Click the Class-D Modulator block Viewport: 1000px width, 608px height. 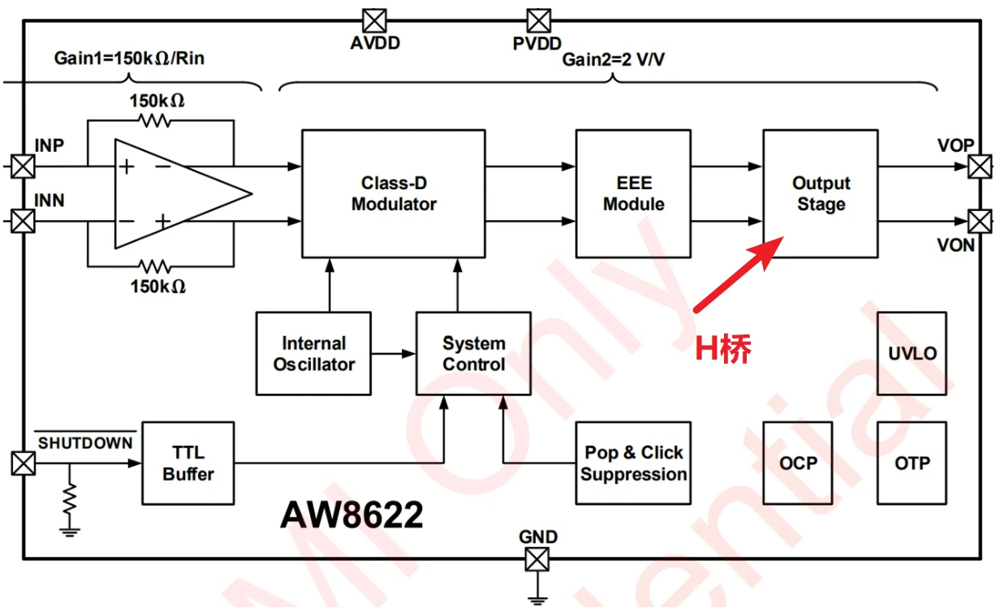pos(394,194)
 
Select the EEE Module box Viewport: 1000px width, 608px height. pos(633,194)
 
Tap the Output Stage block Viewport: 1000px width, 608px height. pos(821,194)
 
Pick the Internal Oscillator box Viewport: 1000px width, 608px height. pos(313,354)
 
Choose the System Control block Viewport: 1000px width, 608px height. pos(474,354)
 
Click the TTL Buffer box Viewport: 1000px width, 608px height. pos(188,464)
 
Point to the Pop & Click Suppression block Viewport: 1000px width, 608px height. pos(633,464)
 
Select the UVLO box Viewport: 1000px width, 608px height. pos(912,354)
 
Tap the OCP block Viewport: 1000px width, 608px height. pos(798,464)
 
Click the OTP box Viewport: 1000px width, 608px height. pos(912,464)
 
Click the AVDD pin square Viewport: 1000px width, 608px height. pos(374,20)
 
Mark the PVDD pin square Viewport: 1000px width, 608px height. pos(539,20)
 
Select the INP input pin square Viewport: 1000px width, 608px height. pos(23,166)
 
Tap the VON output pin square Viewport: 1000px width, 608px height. pos(980,222)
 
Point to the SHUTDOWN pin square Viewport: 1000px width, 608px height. pos(24,464)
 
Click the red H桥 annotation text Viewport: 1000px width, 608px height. pos(723,348)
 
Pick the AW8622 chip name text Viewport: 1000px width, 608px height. pos(351,515)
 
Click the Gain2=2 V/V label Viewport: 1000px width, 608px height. pos(614,59)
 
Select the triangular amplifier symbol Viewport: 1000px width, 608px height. pos(183,194)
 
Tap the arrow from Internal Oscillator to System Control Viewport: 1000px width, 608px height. pos(394,354)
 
